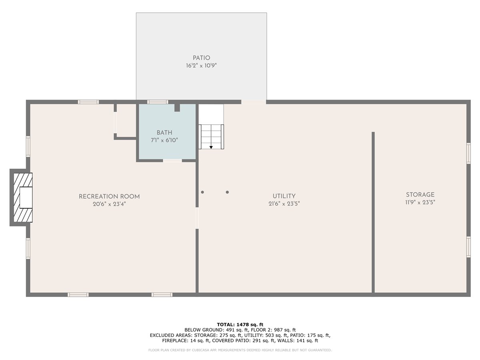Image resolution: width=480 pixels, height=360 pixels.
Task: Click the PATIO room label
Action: pos(201,58)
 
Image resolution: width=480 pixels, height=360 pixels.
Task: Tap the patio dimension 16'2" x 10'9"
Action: pos(201,66)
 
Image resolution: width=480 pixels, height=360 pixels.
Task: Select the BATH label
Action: pos(164,133)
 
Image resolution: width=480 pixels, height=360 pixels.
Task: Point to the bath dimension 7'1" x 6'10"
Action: pos(164,140)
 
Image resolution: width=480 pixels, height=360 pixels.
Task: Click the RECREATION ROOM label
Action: pos(109,196)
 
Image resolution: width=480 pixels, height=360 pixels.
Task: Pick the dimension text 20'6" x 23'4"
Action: pos(109,204)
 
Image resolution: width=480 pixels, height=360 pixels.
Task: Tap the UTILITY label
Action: pos(284,196)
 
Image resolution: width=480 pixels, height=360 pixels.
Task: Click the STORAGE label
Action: pos(420,195)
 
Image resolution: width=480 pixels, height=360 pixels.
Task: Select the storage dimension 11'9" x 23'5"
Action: pos(420,202)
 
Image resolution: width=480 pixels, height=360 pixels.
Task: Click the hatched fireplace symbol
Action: pos(23,198)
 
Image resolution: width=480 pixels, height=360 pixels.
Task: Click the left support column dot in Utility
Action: pos(202,192)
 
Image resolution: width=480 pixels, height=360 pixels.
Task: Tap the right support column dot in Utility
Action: pos(228,192)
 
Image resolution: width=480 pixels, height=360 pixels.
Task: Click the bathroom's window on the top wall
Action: pos(158,102)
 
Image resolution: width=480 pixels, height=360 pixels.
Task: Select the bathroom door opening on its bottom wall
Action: pos(172,161)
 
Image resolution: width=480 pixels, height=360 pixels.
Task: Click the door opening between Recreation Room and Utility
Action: pos(197,218)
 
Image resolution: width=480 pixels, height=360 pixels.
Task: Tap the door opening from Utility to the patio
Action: pos(254,102)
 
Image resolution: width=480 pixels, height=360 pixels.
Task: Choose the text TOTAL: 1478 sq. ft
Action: pos(240,324)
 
